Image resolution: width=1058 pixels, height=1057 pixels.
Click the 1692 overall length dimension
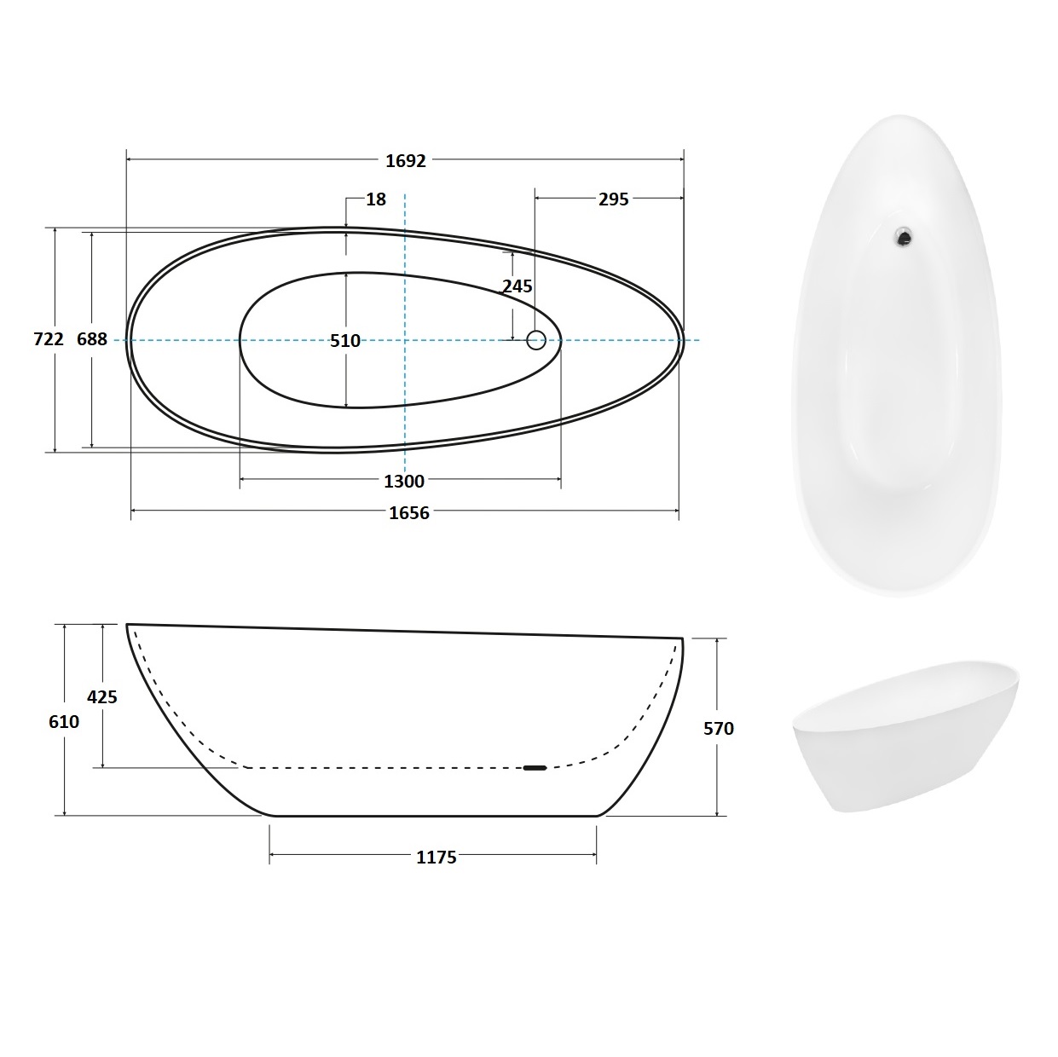point(406,161)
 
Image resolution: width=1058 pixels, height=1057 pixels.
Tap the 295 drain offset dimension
point(613,199)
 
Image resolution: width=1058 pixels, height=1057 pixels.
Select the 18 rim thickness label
point(376,199)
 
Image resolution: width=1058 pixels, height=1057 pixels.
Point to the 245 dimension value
point(517,286)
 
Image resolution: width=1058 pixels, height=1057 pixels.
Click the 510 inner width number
point(344,341)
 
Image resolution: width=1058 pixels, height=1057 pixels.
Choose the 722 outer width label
point(49,339)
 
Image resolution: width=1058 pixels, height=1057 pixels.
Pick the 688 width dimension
point(92,339)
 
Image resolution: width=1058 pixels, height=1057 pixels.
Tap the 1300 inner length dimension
point(404,482)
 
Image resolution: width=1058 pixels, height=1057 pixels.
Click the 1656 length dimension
point(409,513)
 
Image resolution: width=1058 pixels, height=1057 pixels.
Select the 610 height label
point(64,721)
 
